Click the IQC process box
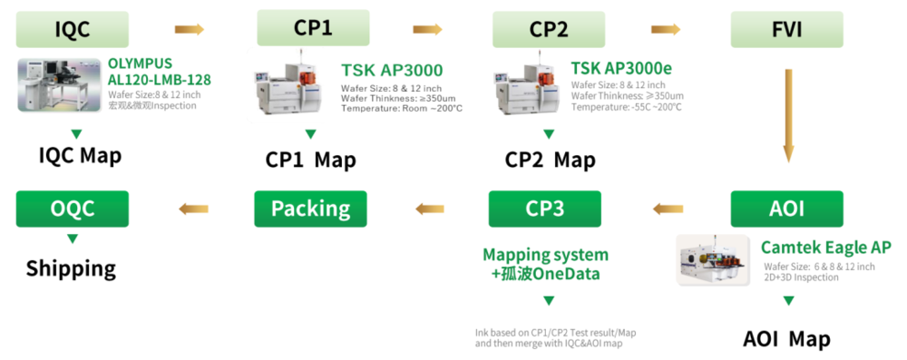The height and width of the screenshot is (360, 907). (x=73, y=29)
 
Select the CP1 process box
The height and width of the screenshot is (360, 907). (x=313, y=27)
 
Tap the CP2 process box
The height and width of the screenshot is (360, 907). (x=549, y=29)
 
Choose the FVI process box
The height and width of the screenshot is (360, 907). (x=786, y=29)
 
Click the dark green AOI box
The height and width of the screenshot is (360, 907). (x=786, y=209)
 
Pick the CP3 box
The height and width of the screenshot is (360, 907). (x=544, y=209)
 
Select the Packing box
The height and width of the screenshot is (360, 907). (x=310, y=209)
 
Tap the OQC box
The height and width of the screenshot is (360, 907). (x=73, y=209)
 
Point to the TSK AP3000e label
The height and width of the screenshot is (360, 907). (x=621, y=69)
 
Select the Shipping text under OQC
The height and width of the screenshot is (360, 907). (x=71, y=268)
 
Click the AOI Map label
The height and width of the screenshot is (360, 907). (x=786, y=339)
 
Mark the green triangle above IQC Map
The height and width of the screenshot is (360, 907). (x=77, y=133)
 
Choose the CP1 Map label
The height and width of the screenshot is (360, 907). (x=310, y=161)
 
